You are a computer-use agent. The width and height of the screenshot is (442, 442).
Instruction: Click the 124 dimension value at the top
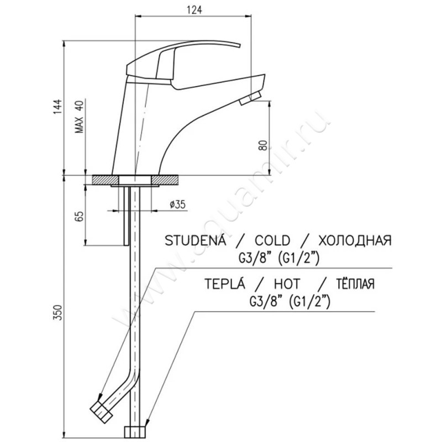[x=194, y=10]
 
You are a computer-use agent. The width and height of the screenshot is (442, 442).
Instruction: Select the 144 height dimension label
[x=57, y=107]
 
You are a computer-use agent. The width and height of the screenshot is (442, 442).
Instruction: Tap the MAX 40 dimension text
[x=80, y=117]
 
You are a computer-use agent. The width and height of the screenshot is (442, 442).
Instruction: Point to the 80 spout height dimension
[x=263, y=145]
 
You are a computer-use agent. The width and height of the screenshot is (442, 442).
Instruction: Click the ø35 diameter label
[x=178, y=204]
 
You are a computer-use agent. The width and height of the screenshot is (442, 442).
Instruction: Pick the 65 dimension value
[x=80, y=216]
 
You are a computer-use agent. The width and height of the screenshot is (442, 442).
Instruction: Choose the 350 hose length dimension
[x=57, y=312]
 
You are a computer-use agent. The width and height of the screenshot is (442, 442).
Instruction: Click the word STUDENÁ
[x=196, y=240]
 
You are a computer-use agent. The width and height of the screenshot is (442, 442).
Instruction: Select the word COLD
[x=272, y=240]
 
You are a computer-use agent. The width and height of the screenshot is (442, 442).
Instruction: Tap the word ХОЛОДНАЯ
[x=355, y=240]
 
